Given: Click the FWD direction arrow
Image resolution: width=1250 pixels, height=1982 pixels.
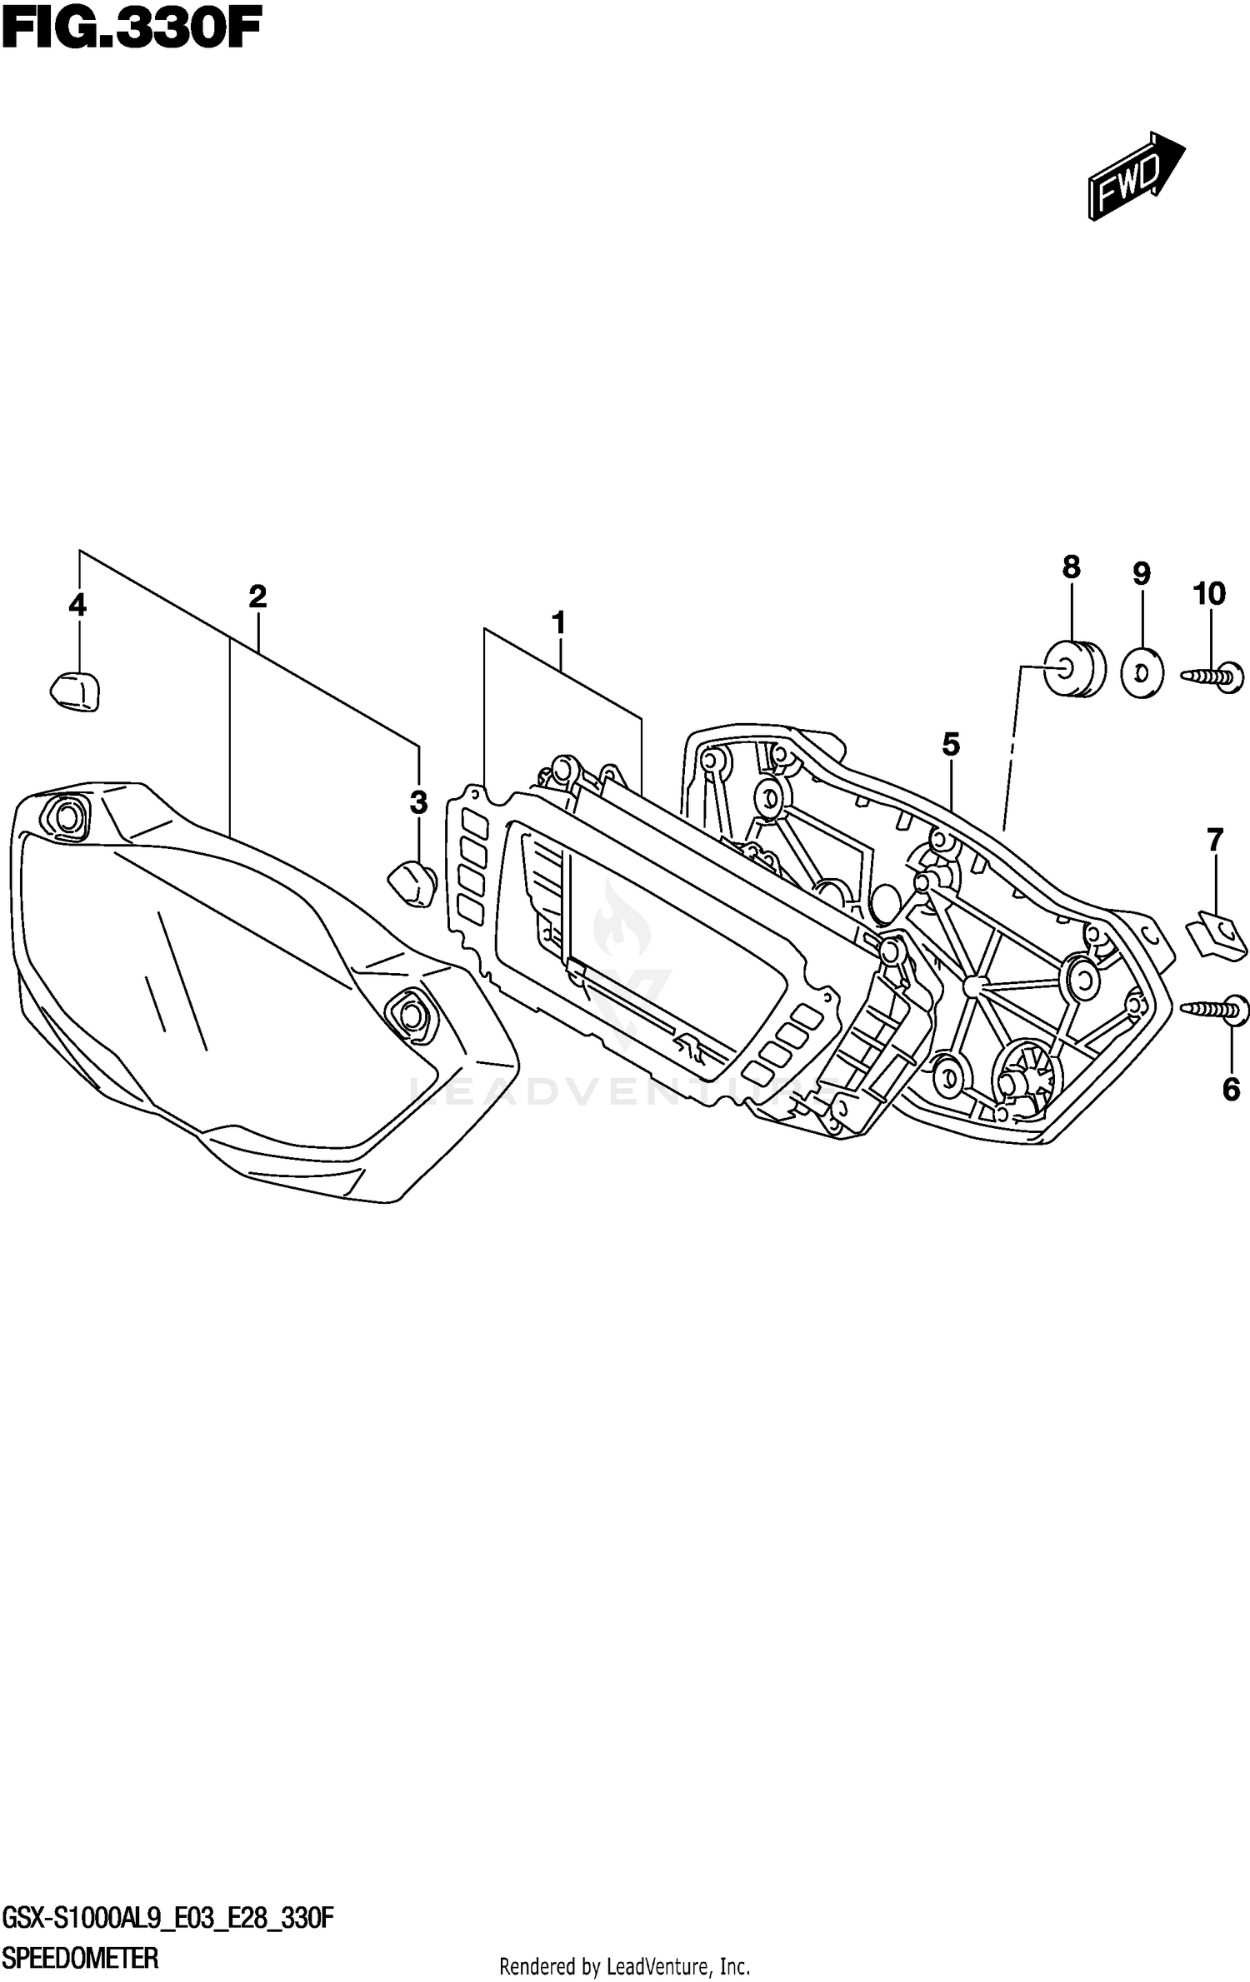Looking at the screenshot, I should tap(1135, 177).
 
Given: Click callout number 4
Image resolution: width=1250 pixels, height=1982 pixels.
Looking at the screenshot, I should tap(77, 605).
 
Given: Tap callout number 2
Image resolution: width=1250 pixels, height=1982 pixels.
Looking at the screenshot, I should tap(257, 596).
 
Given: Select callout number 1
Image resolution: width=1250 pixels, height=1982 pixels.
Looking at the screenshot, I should tap(558, 622).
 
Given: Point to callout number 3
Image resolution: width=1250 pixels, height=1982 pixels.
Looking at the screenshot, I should tap(418, 802).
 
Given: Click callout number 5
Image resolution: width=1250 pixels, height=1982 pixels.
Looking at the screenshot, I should tap(951, 744).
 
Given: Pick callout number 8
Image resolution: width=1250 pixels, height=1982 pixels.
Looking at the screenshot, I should tap(1071, 567).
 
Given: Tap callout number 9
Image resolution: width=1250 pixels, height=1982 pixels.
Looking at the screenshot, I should tap(1142, 573).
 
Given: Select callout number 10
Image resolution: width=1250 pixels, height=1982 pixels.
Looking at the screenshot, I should tap(1209, 594).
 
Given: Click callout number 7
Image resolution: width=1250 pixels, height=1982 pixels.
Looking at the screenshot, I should tap(1215, 840).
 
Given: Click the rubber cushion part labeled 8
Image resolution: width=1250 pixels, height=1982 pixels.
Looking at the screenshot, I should tap(1075, 666).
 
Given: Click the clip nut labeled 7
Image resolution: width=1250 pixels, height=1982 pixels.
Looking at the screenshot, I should tap(1216, 932).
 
